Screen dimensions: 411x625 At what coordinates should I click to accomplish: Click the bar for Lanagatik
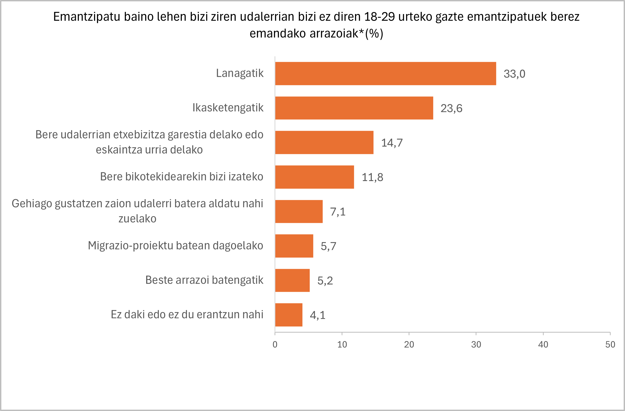coord(386,73)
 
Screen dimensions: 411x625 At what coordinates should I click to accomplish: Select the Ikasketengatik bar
coord(354,108)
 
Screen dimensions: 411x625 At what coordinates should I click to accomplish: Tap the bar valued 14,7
coord(324,142)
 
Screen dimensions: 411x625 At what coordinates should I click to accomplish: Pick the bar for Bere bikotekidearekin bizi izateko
coord(315,177)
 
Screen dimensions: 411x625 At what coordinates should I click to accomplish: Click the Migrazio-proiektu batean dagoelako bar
coord(294,246)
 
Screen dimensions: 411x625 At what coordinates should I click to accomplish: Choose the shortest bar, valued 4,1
coord(289,315)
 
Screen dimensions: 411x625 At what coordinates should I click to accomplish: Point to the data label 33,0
coord(514,74)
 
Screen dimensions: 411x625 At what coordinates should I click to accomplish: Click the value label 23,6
coord(451,108)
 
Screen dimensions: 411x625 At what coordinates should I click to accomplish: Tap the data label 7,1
coord(338,212)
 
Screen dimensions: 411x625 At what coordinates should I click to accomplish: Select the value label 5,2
coord(325,280)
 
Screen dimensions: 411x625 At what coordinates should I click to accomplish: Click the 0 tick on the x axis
coord(275,345)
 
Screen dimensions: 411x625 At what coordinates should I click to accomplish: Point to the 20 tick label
coord(409,345)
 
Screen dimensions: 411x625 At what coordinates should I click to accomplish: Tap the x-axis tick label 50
coord(610,345)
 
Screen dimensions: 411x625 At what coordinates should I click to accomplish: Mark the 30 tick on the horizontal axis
coord(476,345)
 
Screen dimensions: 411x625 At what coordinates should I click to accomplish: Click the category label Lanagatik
coord(240,73)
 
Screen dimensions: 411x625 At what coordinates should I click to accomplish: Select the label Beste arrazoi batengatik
coord(204,280)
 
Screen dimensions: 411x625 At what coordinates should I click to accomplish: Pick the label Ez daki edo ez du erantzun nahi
coord(187,315)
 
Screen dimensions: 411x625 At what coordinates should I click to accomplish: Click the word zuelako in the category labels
coord(137,219)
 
